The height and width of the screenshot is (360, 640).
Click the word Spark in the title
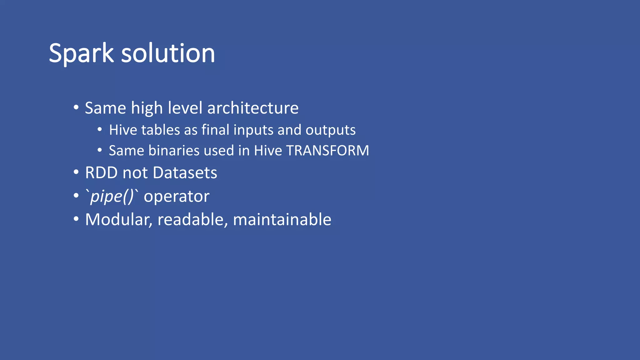81,54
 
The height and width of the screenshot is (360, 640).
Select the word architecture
253,108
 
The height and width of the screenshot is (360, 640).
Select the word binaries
174,151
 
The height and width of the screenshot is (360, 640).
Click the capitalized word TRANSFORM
327,151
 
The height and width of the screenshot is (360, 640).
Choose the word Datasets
185,173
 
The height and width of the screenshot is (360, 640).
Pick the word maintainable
282,220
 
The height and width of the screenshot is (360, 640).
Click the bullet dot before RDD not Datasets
76,172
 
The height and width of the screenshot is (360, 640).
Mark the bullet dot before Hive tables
100,129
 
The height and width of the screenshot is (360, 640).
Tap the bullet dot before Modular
76,219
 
